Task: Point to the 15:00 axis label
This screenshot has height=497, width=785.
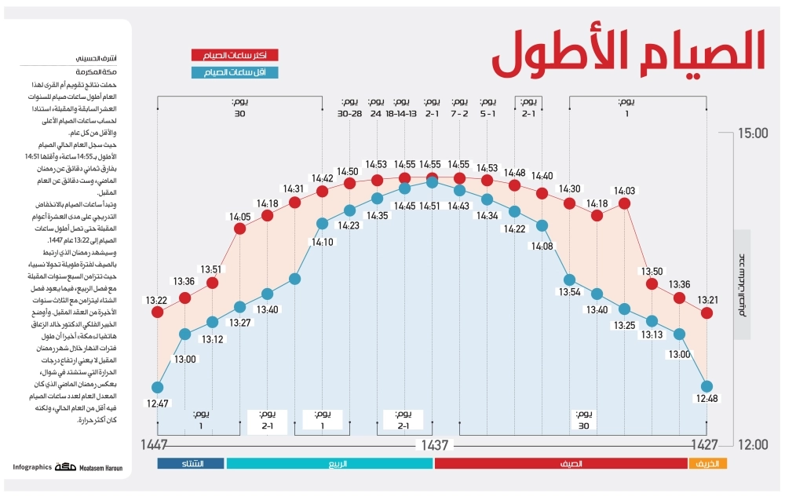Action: [x=753, y=134]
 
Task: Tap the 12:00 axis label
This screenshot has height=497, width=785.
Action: [x=753, y=445]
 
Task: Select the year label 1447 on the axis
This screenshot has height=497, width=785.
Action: [x=155, y=445]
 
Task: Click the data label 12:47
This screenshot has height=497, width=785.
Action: [x=157, y=404]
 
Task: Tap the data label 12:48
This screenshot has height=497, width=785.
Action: [x=706, y=398]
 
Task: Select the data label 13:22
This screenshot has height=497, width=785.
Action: [x=155, y=300]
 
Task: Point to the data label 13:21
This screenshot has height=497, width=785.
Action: [x=706, y=300]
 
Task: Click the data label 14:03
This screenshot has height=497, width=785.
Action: [x=625, y=190]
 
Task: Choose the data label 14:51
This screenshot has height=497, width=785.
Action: [x=430, y=206]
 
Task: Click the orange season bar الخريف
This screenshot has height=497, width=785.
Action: [x=708, y=464]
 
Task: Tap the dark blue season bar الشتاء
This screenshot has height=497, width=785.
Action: [x=191, y=464]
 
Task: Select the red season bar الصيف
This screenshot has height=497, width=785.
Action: [x=560, y=464]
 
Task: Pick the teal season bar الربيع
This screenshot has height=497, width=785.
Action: [x=330, y=464]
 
